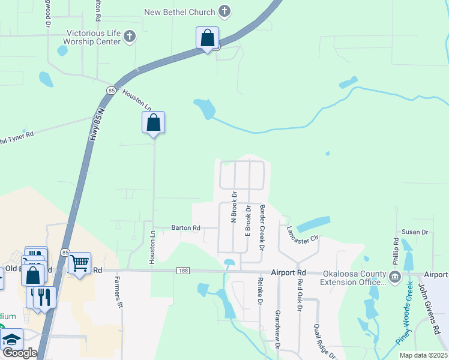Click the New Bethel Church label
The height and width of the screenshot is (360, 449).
coord(179,11)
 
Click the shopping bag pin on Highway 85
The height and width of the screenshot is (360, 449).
coord(207,38)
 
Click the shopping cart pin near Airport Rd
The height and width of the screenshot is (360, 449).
coord(80,263)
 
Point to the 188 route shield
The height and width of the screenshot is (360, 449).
coord(183,271)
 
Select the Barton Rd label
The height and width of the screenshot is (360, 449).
coord(185,228)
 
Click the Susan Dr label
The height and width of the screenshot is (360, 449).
coord(415,232)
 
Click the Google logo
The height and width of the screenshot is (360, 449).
coord(19,353)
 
